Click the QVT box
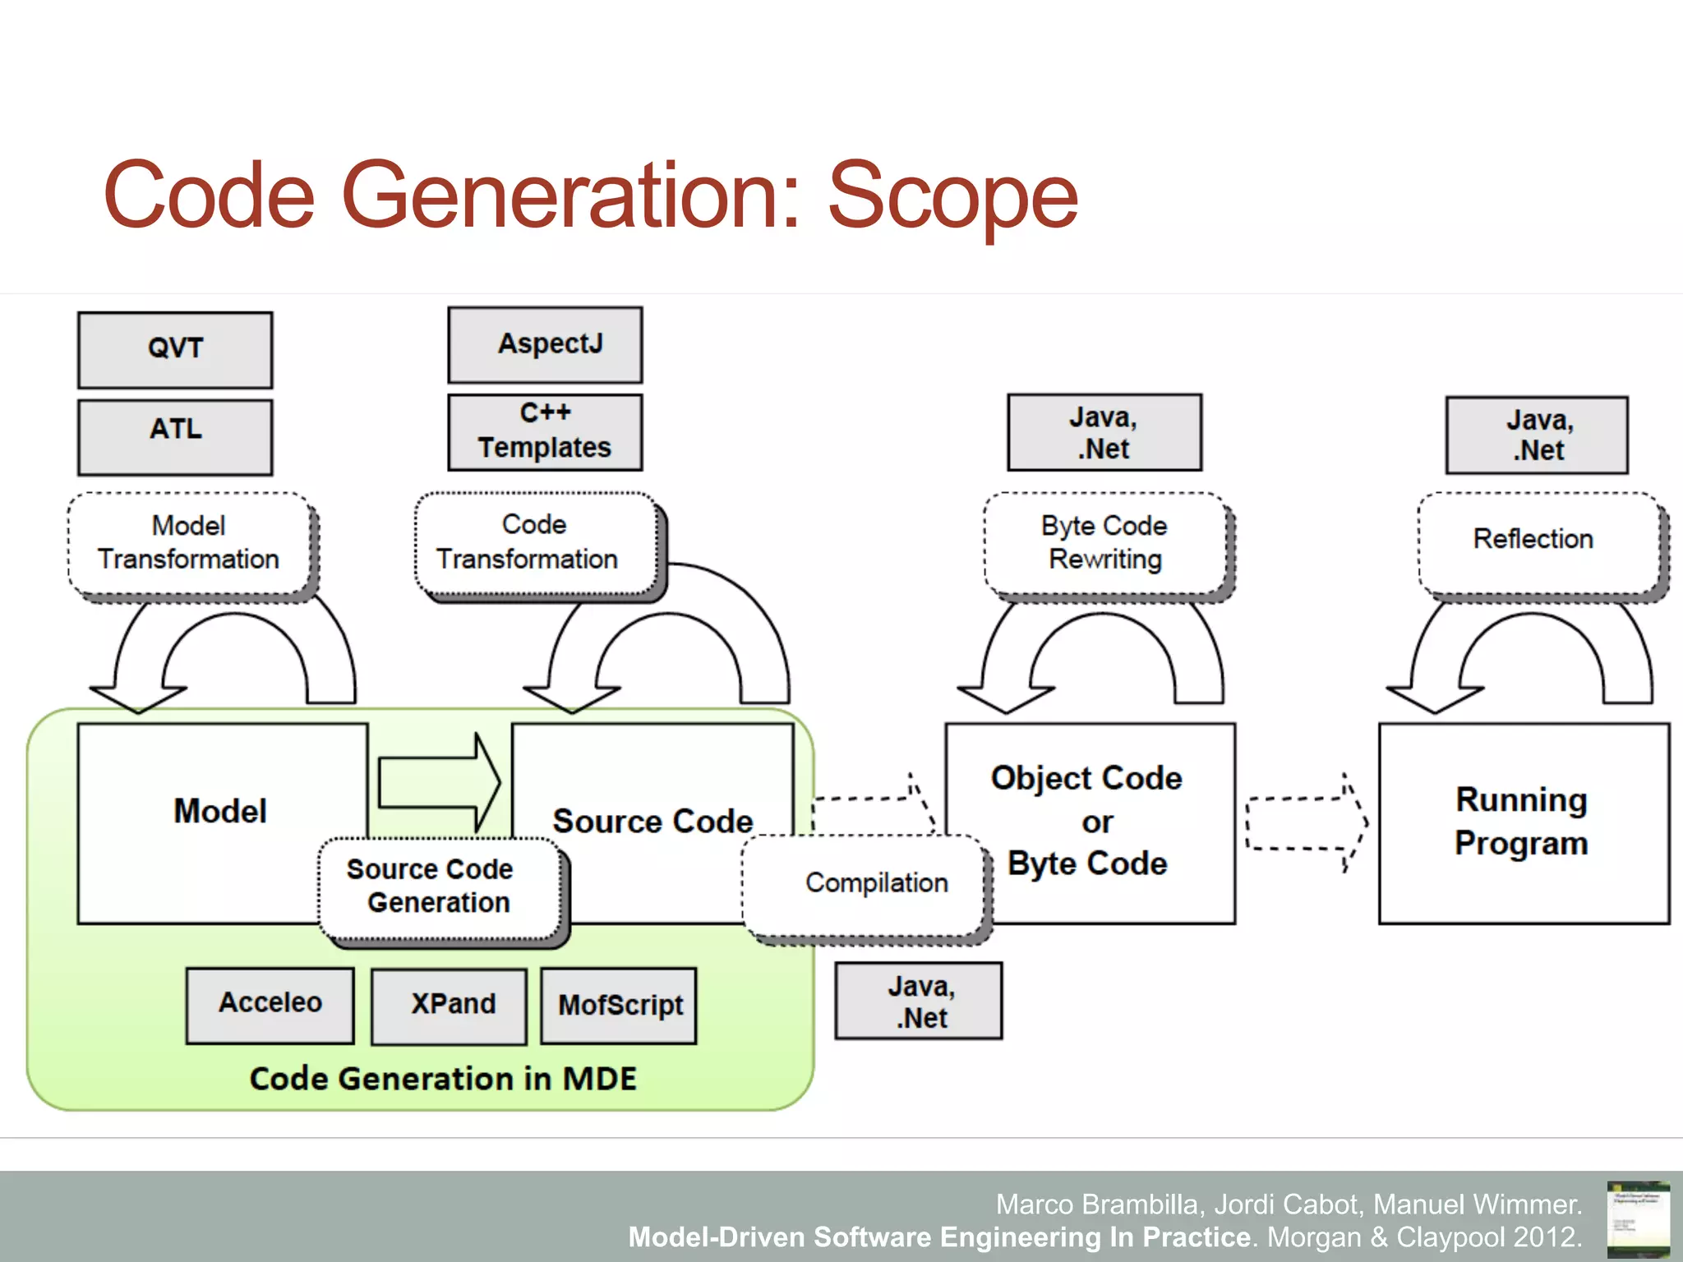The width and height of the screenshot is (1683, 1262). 175,350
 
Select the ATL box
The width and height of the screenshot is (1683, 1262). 175,437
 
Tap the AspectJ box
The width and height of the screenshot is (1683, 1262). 545,345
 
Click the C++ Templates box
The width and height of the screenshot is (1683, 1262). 545,432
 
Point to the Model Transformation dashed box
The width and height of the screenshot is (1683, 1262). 190,543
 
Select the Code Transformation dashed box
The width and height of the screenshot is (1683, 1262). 536,543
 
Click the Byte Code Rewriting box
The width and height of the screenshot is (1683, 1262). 1104,543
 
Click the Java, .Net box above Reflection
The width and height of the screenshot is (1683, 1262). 1537,435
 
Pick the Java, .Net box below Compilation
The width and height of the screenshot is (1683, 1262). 919,1001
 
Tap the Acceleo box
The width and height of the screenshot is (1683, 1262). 270,1006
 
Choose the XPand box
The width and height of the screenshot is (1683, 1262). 449,1006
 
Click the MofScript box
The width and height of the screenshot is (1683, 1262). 619,1006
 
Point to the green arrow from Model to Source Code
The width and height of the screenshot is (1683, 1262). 437,782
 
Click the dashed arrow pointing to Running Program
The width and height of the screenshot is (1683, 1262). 1305,822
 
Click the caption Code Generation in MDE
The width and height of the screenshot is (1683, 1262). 443,1079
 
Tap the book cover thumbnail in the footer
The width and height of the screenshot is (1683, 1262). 1637,1218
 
